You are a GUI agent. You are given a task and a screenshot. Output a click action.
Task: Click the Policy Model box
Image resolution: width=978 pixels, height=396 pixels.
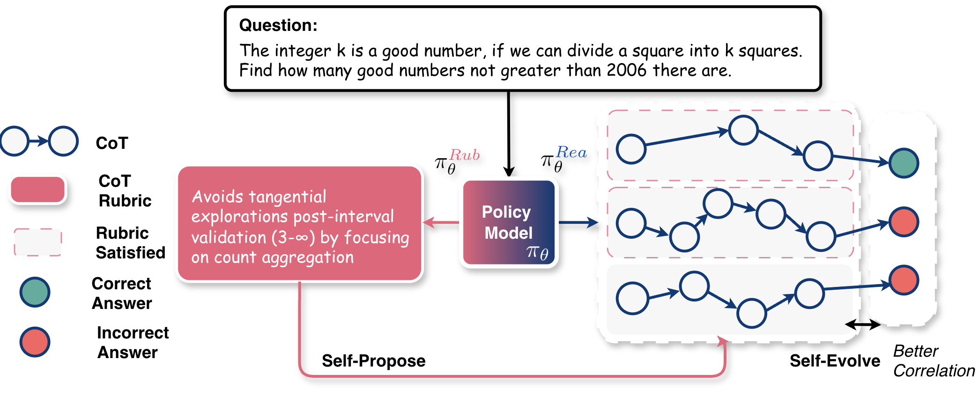point(509,223)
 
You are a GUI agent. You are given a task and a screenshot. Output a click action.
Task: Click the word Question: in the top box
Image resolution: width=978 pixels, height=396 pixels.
point(278,25)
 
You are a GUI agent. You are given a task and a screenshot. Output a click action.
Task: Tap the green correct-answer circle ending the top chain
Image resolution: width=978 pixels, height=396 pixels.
point(904,163)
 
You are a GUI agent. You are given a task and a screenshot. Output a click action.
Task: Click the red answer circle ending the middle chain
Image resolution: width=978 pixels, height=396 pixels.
point(904,222)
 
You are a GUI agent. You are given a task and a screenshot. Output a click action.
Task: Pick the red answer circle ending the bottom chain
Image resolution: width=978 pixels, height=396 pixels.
point(904,280)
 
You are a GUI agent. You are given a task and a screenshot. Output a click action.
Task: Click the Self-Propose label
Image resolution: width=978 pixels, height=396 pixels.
point(373,361)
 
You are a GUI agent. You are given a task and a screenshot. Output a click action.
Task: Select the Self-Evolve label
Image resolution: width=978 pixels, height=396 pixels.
point(835,361)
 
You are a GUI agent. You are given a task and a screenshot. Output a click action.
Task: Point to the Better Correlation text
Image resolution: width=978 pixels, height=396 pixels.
point(934,361)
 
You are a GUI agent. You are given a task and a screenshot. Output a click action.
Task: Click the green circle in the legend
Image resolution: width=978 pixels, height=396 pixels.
point(35,292)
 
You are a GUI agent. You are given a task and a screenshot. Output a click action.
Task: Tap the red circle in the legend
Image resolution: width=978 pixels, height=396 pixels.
point(35,342)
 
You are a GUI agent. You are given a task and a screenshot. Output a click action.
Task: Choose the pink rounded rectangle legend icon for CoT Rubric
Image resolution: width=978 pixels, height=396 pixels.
point(37,190)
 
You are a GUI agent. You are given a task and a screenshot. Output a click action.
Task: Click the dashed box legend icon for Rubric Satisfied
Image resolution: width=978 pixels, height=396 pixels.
point(37,242)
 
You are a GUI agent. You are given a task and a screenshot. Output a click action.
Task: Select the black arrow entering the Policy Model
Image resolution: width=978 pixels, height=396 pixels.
point(509,136)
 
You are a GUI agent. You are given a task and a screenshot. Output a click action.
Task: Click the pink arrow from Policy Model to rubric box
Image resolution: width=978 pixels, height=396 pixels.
point(441,222)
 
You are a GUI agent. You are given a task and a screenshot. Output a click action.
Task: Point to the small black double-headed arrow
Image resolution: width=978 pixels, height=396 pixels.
point(862,324)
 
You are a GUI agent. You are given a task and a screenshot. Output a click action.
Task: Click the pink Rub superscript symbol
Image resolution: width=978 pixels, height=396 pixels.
point(464,155)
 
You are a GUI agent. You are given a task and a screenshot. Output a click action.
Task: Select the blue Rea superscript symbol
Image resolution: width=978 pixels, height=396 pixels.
point(571,153)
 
